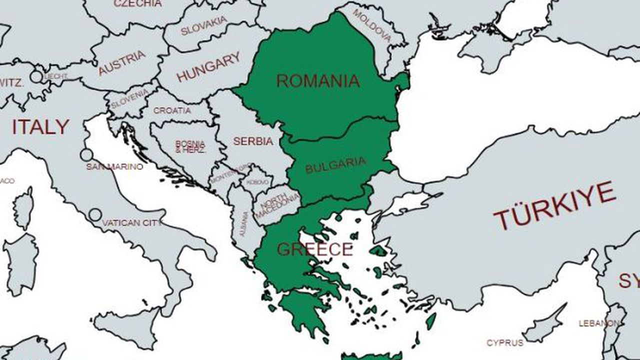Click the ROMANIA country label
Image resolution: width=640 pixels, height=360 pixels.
318,80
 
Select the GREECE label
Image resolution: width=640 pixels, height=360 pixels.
315,249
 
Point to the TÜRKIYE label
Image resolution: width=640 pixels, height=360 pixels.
554,205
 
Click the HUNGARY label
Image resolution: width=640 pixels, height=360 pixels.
208,67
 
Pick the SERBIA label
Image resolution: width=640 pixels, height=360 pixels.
253,141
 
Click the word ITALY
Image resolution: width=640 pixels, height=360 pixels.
40,127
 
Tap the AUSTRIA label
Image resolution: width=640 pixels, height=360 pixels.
122,62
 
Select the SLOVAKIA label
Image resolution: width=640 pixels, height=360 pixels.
204,26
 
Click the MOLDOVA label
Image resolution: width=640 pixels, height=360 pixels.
372,24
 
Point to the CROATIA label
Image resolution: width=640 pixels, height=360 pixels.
172,110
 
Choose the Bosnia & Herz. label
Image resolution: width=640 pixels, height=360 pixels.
190,146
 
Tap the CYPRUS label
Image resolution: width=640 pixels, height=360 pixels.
505,343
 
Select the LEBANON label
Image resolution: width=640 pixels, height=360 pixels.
598,323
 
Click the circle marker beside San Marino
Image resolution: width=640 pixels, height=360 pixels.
86,154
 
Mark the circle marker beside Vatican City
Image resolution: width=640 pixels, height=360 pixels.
95,215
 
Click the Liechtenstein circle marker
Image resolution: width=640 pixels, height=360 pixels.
36,76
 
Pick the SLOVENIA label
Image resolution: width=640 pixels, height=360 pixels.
129,98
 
